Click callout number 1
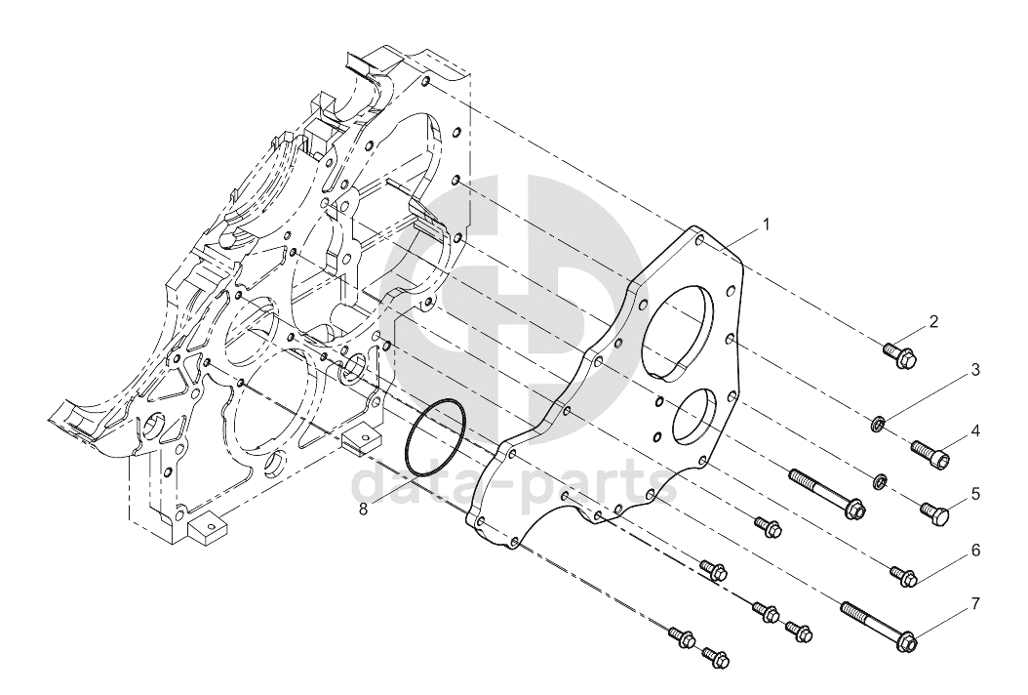[x=766, y=225]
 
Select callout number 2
[x=933, y=321]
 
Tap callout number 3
[x=975, y=370]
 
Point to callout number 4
[x=975, y=431]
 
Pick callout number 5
[x=975, y=494]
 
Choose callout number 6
[x=975, y=550]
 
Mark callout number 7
[x=975, y=604]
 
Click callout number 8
[x=363, y=509]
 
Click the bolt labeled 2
[x=900, y=354]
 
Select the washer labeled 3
[x=879, y=425]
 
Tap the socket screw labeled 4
[x=931, y=454]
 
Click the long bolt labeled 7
[x=879, y=625]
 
